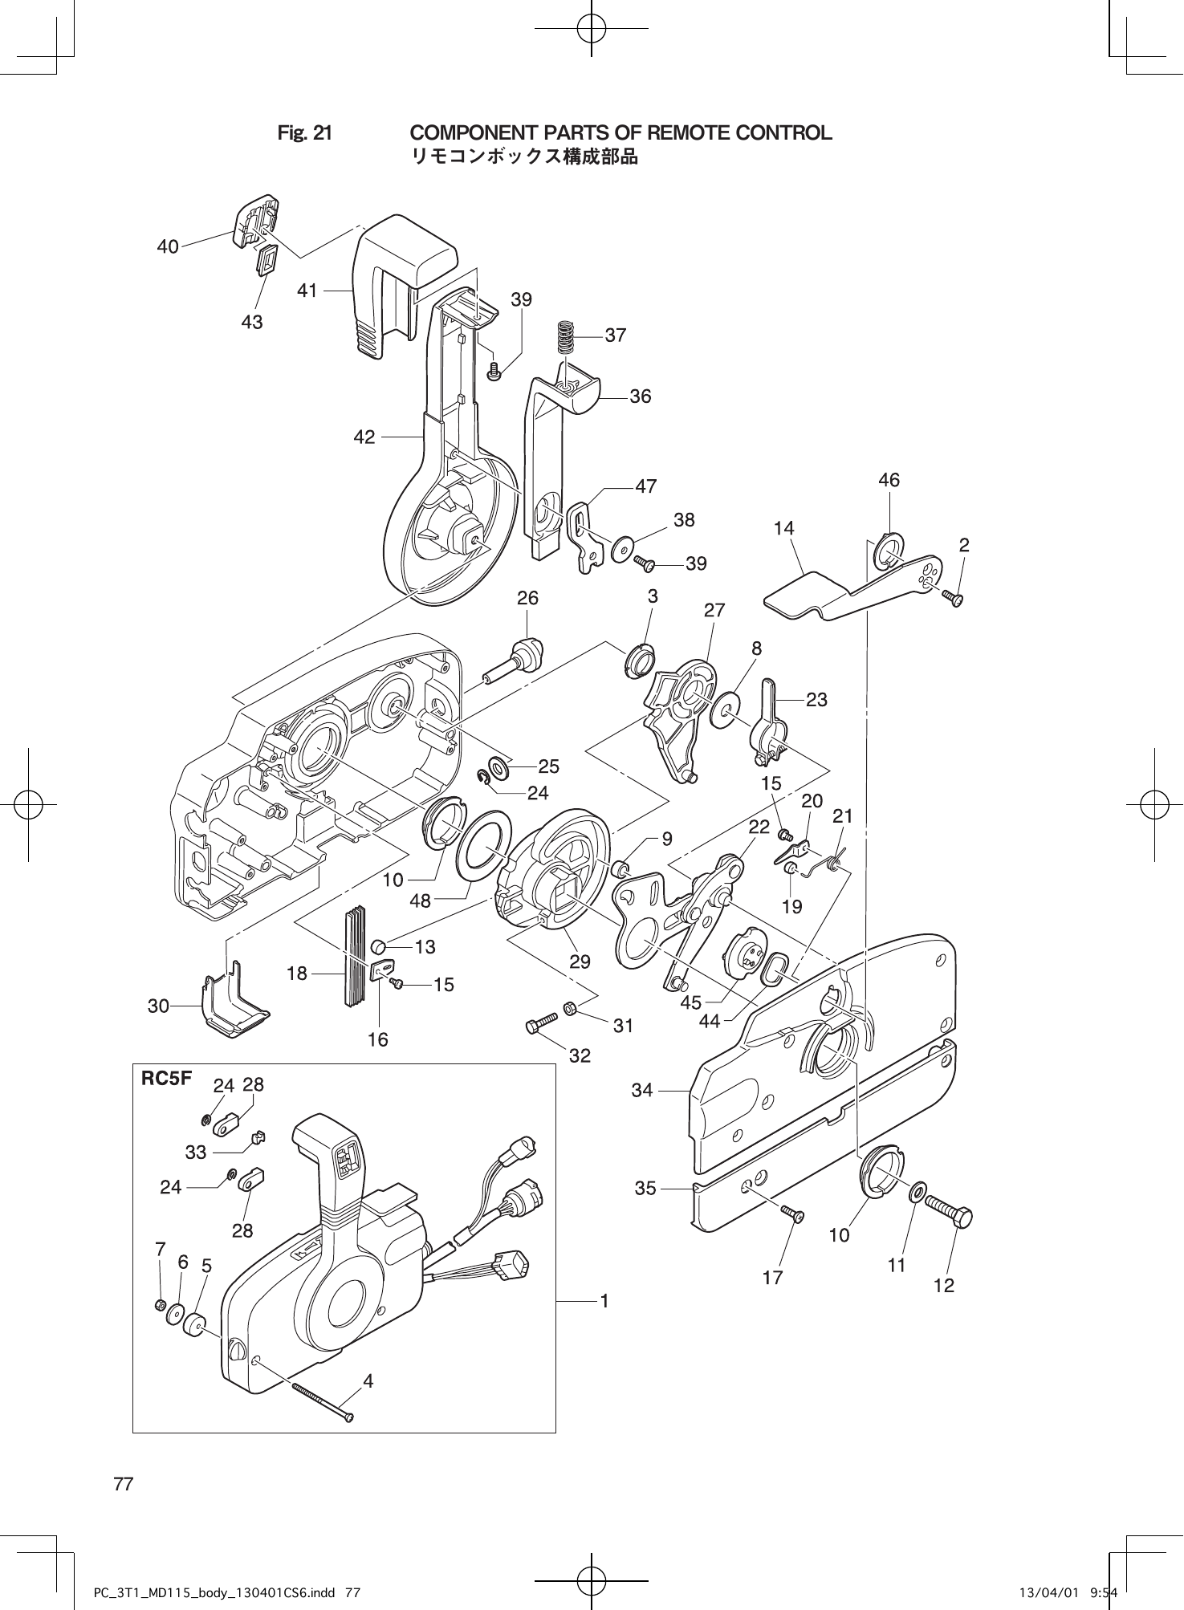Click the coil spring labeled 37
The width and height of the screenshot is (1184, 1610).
pyautogui.click(x=567, y=336)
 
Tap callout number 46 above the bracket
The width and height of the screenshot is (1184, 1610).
pyautogui.click(x=889, y=480)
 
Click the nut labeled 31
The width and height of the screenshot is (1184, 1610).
pyautogui.click(x=569, y=1007)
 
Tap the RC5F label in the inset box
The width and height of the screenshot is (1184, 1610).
pyautogui.click(x=167, y=1079)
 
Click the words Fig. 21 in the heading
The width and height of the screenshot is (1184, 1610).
pyautogui.click(x=304, y=133)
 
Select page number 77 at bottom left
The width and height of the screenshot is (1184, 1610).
pyautogui.click(x=124, y=1483)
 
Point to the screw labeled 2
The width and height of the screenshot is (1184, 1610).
pyautogui.click(x=954, y=597)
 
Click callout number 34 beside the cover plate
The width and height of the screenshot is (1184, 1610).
pyautogui.click(x=642, y=1090)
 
